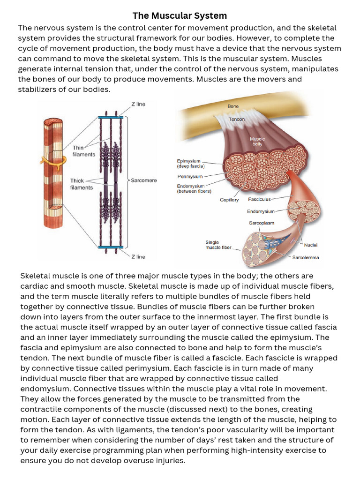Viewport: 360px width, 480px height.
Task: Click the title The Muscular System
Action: pos(180,16)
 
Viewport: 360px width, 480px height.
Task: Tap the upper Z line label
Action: pos(138,104)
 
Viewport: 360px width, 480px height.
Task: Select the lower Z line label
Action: pos(138,256)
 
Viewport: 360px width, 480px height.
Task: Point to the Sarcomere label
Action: pos(143,180)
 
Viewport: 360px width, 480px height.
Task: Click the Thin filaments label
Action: pos(83,151)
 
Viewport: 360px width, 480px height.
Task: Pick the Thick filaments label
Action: pos(82,184)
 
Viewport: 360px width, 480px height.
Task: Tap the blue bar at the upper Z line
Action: pos(111,117)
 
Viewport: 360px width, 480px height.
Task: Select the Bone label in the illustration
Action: pos(233,106)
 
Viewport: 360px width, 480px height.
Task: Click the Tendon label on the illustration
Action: pos(236,120)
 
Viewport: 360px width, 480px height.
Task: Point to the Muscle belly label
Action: pos(257,142)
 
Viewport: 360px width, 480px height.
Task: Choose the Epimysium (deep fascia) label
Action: pos(190,163)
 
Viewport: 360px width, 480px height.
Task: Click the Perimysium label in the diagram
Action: pos(190,177)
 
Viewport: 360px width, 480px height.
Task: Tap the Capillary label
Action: pos(229,200)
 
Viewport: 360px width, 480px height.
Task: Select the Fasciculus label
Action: pos(259,199)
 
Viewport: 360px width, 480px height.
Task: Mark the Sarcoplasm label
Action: pos(262,223)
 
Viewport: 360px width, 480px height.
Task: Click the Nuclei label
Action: pos(311,245)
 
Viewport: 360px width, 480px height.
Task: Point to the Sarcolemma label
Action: pos(306,257)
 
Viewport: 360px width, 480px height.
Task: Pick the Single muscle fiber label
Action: pos(218,245)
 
